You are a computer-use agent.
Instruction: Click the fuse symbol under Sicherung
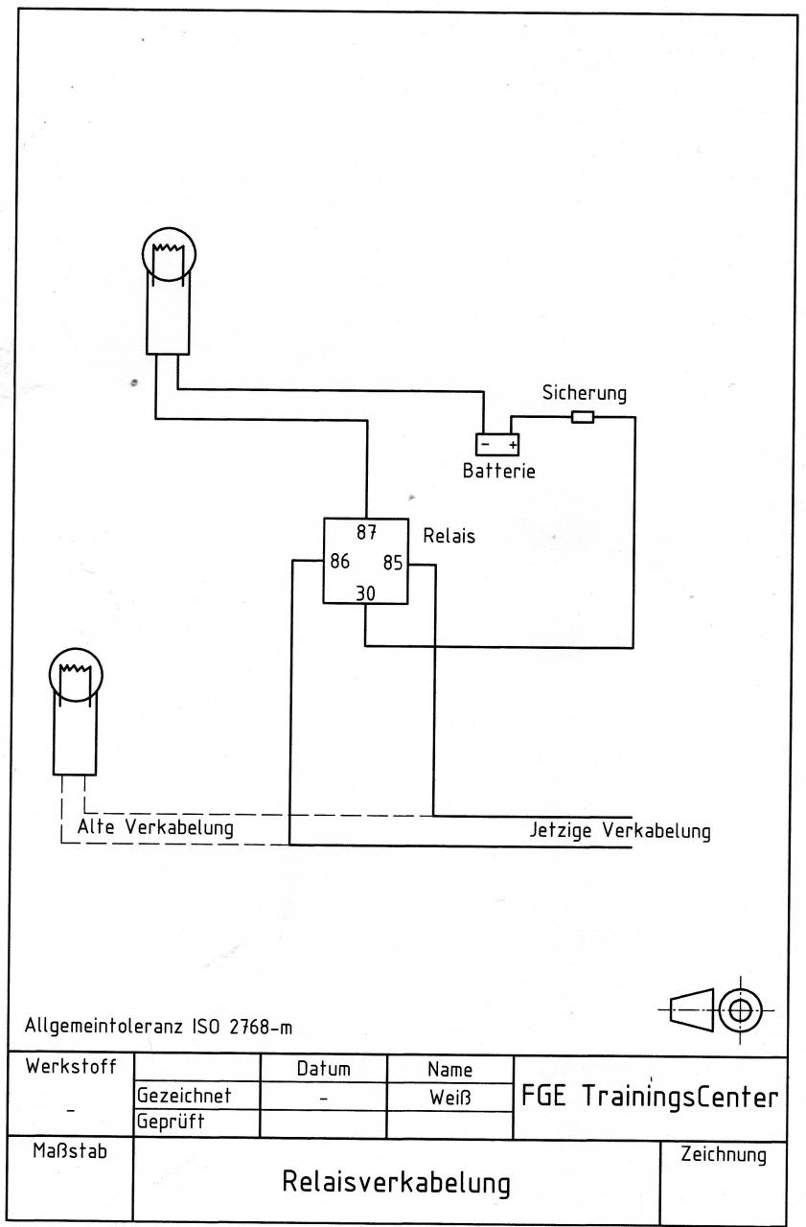click(582, 417)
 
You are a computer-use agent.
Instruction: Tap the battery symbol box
click(497, 444)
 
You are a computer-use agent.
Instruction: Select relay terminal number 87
click(366, 532)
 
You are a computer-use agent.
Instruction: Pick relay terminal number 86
click(339, 561)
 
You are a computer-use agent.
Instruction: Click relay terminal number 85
click(393, 563)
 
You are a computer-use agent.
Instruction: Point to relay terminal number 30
click(365, 593)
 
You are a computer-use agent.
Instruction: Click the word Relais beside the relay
click(449, 536)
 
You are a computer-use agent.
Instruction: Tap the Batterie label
click(498, 471)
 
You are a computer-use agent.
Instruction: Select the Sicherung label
click(585, 393)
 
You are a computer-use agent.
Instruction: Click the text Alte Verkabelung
click(155, 827)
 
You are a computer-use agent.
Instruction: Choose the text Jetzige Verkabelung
click(620, 830)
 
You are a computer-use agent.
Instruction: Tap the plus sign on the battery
click(513, 444)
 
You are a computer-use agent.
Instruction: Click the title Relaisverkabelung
click(397, 1182)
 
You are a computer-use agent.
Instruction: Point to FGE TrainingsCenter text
click(650, 1096)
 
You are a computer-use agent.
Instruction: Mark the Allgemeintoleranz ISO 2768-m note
click(158, 1026)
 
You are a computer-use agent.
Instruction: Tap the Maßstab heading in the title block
click(70, 1151)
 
